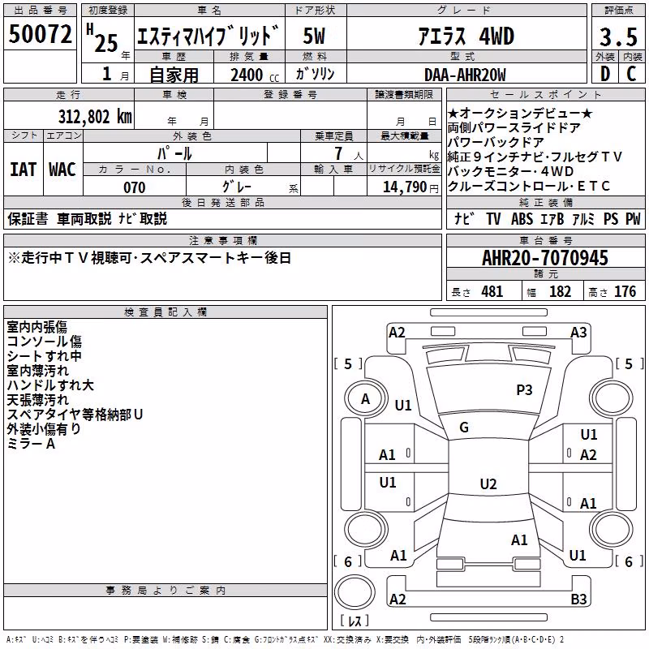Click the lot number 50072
(x=40, y=33)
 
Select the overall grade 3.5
(x=618, y=37)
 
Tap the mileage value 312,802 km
(x=95, y=117)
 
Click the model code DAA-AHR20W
(x=465, y=75)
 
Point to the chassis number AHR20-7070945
(x=545, y=258)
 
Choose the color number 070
(x=135, y=187)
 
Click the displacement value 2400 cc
(x=255, y=75)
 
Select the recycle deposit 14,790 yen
(x=410, y=187)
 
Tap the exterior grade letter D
(x=605, y=74)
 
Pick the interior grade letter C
(x=631, y=74)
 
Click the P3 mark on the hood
(x=524, y=389)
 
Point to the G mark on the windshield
(x=464, y=427)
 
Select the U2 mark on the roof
(x=488, y=484)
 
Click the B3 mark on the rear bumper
(x=578, y=599)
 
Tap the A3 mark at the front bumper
(x=578, y=333)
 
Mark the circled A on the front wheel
(x=365, y=399)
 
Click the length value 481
(x=492, y=291)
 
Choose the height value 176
(x=625, y=291)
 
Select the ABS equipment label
(x=522, y=218)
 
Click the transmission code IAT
(x=23, y=170)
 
